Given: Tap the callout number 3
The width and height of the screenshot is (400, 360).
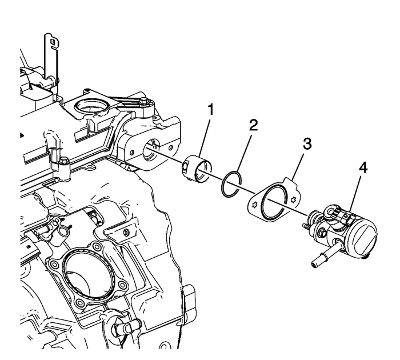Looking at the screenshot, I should (307, 144).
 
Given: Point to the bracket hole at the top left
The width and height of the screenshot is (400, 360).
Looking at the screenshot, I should (52, 41).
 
